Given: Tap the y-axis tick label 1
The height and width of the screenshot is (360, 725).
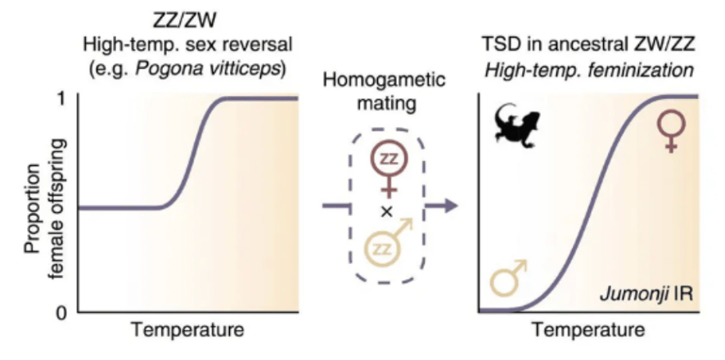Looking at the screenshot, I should coord(62,98).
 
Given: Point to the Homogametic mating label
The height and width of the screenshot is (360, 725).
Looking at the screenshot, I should coord(384,93).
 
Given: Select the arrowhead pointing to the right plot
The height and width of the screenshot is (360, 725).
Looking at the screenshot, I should coord(448,205).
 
